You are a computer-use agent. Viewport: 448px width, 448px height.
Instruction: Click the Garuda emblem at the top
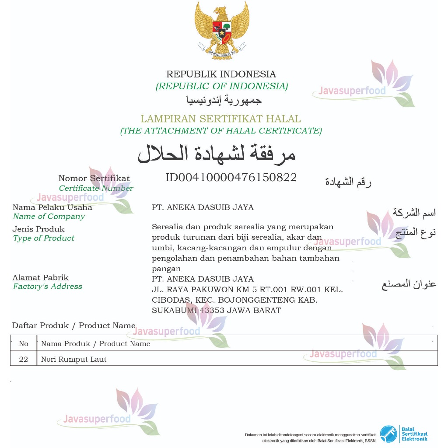pyautogui.click(x=222, y=29)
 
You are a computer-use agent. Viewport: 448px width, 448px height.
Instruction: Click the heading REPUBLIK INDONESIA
pyautogui.click(x=221, y=74)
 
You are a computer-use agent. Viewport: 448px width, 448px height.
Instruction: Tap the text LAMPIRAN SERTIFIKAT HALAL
pyautogui.click(x=220, y=119)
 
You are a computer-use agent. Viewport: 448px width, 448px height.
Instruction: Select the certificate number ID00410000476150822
pyautogui.click(x=231, y=178)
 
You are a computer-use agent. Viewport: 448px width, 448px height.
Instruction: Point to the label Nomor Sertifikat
pyautogui.click(x=94, y=178)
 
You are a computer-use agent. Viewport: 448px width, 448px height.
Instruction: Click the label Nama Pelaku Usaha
pyautogui.click(x=52, y=207)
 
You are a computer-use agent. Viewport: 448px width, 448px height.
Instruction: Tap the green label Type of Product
pyautogui.click(x=44, y=238)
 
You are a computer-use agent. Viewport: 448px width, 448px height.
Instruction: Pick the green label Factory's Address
pyautogui.click(x=48, y=287)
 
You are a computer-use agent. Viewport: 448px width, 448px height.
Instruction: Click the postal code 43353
pyautogui.click(x=213, y=311)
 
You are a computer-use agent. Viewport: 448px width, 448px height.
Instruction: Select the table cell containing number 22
pyautogui.click(x=24, y=360)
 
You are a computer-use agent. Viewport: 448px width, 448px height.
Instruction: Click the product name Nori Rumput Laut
pyautogui.click(x=74, y=360)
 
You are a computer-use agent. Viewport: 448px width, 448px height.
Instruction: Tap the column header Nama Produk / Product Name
pyautogui.click(x=96, y=344)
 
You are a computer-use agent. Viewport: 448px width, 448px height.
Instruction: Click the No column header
pyautogui.click(x=24, y=344)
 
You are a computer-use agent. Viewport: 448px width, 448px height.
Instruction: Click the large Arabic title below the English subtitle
pyautogui.click(x=217, y=154)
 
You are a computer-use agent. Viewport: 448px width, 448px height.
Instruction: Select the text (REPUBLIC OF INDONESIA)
pyautogui.click(x=222, y=86)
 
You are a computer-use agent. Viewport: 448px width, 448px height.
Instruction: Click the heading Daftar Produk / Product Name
pyautogui.click(x=73, y=325)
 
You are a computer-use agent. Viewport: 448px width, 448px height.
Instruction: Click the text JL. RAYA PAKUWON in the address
pyautogui.click(x=188, y=290)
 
